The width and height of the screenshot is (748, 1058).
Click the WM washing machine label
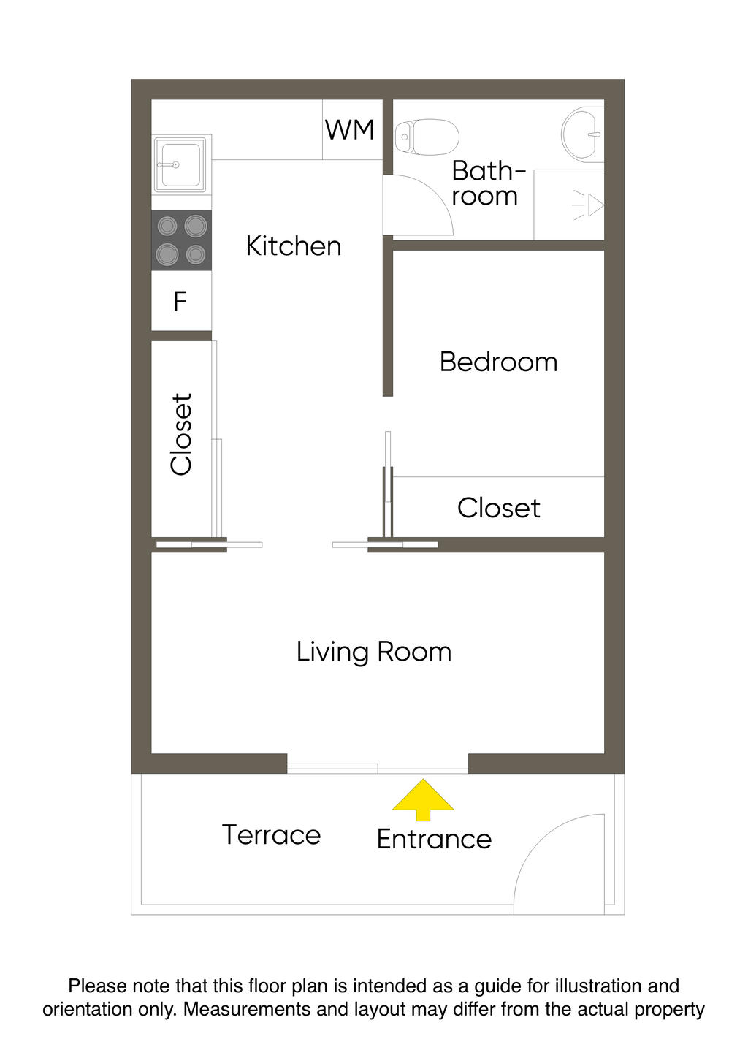click(349, 130)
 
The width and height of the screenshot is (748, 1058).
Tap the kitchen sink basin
click(181, 164)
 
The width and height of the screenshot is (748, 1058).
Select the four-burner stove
click(181, 240)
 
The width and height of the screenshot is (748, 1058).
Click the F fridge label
click(180, 301)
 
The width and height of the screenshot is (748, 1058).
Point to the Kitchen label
click(293, 246)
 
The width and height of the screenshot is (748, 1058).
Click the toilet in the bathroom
click(427, 137)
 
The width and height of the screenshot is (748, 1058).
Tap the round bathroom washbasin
click(583, 134)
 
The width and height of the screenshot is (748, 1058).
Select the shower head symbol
click(588, 206)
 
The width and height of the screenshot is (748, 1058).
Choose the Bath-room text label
click(488, 183)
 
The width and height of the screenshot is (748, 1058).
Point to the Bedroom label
click(498, 362)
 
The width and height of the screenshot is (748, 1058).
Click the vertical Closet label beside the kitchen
click(182, 434)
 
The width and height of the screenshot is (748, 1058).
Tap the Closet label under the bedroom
click(499, 509)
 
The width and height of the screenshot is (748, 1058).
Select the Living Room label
click(374, 652)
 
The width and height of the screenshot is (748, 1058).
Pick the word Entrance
click(434, 840)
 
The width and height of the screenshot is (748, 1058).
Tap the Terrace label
click(272, 834)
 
